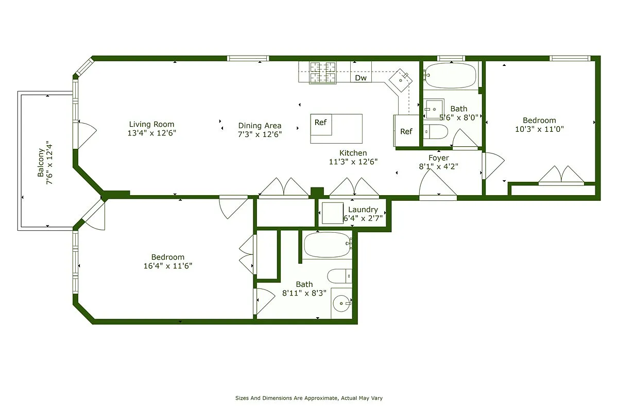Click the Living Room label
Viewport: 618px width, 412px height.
[x=151, y=124]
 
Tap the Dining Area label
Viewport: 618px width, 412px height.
[x=260, y=126]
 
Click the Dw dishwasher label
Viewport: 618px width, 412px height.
[x=361, y=78]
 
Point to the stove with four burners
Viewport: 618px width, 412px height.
[x=322, y=73]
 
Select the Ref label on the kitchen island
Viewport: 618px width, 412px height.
[x=321, y=123]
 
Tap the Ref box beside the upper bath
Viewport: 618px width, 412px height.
[x=406, y=131]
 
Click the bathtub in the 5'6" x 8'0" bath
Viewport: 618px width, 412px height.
[x=451, y=76]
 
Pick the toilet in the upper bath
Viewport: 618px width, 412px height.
[x=436, y=132]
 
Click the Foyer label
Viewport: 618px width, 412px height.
[x=439, y=158]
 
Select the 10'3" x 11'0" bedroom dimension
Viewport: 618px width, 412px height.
[x=539, y=129]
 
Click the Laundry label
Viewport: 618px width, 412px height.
[x=363, y=210]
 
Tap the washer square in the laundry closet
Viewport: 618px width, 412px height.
[x=332, y=213]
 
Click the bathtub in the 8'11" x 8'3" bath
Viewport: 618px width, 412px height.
[x=328, y=245]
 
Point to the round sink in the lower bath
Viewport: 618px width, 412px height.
[x=341, y=303]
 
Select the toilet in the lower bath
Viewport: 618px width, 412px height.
[x=339, y=276]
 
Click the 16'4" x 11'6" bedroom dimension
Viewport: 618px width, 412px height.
[x=167, y=266]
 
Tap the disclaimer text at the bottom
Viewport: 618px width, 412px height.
[x=309, y=398]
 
